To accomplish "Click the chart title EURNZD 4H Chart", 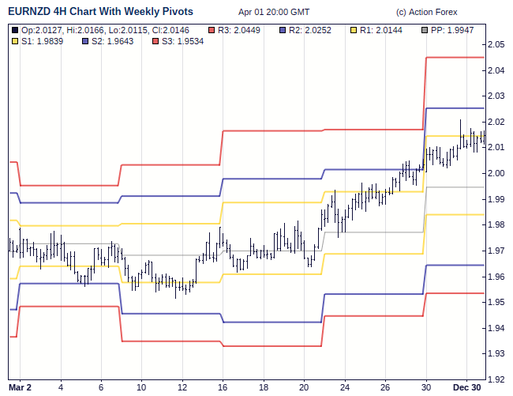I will pos(100,12).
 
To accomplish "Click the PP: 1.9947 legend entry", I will pos(458,30).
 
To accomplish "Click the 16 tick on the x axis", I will pos(223,388).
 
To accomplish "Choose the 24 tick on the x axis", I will pos(345,388).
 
